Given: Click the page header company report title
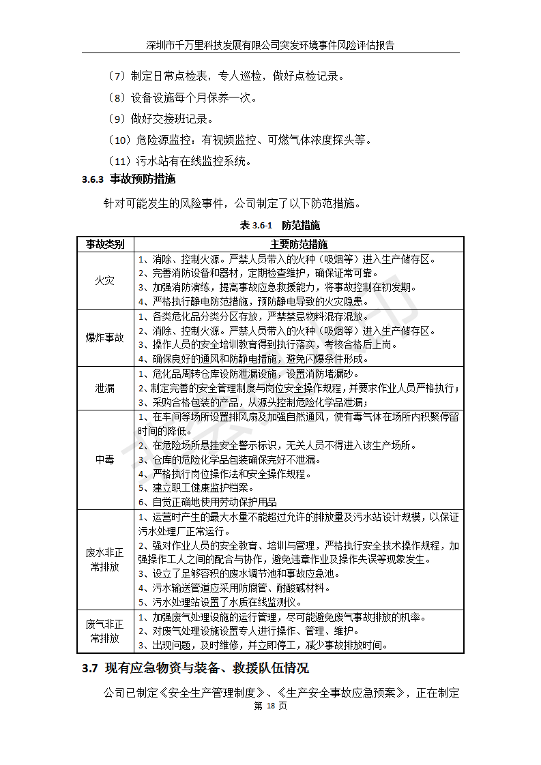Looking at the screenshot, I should tap(270, 45).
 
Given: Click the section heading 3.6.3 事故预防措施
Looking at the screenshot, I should tap(128, 180).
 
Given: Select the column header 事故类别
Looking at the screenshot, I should tap(104, 244).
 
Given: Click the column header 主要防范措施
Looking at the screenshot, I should tap(298, 244).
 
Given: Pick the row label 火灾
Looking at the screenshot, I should tap(104, 280).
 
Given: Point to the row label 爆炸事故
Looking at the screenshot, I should tap(104, 337).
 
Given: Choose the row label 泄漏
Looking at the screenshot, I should tap(104, 388).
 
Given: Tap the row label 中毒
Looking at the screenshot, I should tap(104, 460).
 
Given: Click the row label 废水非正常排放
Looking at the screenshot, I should tap(104, 559).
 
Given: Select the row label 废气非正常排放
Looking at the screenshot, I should tap(104, 631).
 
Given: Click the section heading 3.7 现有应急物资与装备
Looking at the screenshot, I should tap(195, 668).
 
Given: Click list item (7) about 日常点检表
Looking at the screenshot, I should tap(228, 76).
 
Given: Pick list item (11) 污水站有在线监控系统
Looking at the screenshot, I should tap(180, 162).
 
